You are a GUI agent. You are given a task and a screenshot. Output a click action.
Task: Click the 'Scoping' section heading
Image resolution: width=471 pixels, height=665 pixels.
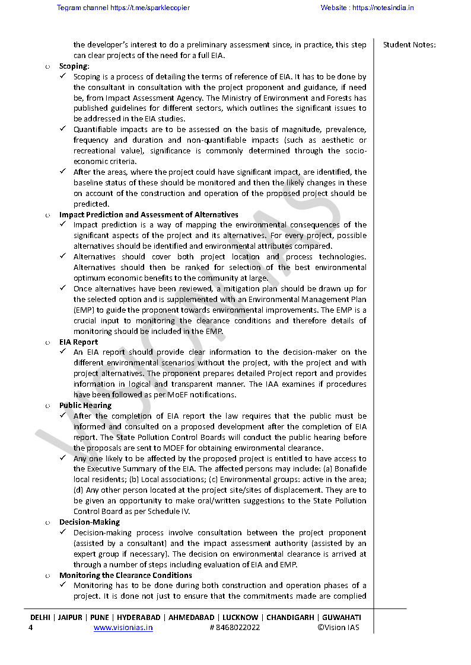[x=74, y=66]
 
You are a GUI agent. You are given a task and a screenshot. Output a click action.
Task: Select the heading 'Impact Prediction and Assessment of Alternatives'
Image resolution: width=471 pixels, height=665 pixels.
[x=148, y=214]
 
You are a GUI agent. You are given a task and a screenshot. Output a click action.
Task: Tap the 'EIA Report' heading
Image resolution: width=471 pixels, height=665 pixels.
[x=78, y=342]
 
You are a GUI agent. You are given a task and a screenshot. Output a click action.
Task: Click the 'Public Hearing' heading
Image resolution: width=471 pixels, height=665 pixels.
[x=85, y=405]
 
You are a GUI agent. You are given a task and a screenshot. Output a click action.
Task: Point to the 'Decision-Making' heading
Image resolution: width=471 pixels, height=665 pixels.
[x=89, y=522]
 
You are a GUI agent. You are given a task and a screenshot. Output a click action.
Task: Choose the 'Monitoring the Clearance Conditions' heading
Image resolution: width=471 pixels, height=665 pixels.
[x=125, y=575]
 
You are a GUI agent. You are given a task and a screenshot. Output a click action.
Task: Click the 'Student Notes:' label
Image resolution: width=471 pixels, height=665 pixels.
[x=409, y=45]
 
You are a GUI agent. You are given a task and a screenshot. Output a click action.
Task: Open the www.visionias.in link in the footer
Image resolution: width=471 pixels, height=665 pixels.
[x=123, y=628]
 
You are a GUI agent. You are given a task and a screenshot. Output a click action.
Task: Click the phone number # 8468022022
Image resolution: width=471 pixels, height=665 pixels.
[x=234, y=628]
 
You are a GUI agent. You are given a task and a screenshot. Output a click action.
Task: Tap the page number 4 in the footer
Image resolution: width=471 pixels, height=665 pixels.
[x=30, y=628]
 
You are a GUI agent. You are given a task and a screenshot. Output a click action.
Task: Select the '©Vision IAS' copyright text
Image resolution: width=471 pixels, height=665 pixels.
[x=338, y=628]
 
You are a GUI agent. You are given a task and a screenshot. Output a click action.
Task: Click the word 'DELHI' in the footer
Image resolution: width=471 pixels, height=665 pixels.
[x=41, y=617]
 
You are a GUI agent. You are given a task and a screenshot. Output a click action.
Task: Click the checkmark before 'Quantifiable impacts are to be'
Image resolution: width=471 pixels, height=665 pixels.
[x=63, y=130]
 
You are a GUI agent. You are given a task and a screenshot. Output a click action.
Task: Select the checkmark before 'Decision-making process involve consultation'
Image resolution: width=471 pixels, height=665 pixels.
[x=63, y=533]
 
